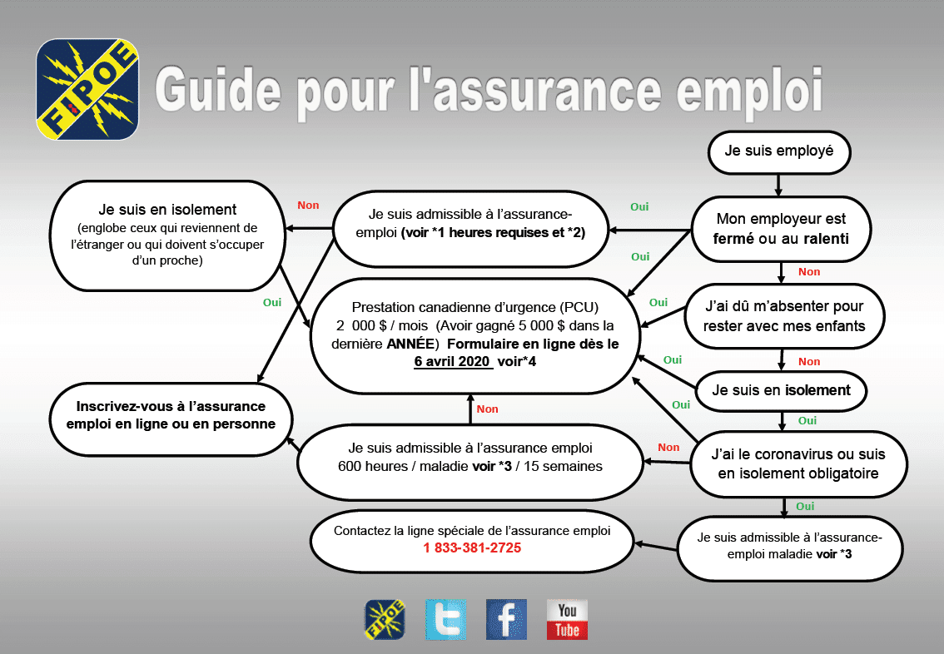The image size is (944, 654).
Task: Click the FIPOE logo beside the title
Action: tap(87, 89)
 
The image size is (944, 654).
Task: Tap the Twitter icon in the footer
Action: tap(445, 619)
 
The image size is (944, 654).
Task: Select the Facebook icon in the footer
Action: tap(506, 619)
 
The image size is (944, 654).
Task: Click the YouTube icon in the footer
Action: tap(567, 619)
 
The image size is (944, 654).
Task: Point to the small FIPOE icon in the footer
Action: tap(385, 619)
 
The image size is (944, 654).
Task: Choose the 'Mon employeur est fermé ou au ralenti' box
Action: tap(781, 229)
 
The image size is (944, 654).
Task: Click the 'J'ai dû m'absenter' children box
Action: tap(783, 317)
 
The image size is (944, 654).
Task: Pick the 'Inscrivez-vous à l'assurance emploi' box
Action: tap(171, 414)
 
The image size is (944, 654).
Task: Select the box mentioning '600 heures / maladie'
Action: tap(470, 459)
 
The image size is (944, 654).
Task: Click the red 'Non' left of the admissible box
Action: tap(308, 206)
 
